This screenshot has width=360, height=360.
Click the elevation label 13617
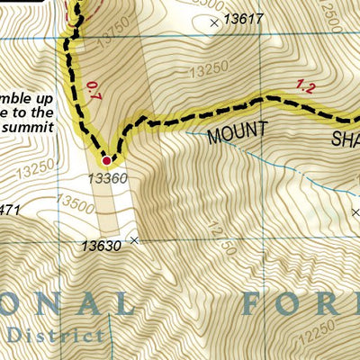click(243, 18)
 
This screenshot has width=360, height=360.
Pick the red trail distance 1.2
click(306, 86)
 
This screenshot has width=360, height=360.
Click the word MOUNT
click(238, 132)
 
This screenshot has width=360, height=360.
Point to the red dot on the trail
click(107, 161)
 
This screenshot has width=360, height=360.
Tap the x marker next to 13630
click(135, 239)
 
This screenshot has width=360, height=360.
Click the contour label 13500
click(76, 206)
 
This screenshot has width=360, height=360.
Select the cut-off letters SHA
click(346, 139)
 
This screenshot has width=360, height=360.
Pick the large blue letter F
click(255, 303)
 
